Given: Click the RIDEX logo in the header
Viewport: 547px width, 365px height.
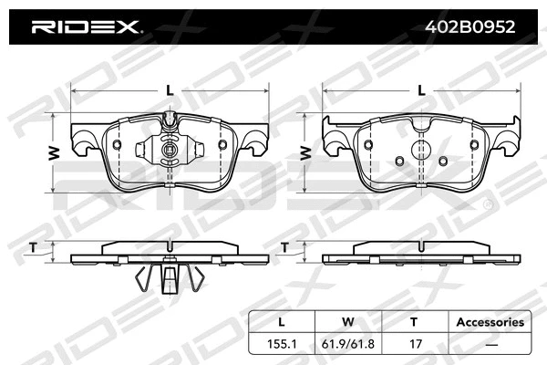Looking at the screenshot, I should tap(86, 26).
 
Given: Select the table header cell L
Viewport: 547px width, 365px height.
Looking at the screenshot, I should tap(282, 322).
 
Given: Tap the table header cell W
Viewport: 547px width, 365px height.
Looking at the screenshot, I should tap(346, 322).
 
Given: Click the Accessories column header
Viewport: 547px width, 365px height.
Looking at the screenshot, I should tap(490, 322).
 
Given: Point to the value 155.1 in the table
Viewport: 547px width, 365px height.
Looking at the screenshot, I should tap(282, 344).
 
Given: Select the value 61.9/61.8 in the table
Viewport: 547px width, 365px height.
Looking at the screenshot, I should tap(346, 344).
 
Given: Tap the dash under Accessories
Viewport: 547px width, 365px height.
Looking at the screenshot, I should tap(490, 344).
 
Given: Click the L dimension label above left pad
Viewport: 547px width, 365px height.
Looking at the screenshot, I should tap(170, 89).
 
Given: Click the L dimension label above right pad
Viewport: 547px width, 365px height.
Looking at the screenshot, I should tap(420, 89).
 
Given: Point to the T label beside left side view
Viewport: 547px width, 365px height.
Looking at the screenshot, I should tap(34, 247).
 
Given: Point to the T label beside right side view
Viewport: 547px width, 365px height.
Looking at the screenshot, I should tap(284, 247).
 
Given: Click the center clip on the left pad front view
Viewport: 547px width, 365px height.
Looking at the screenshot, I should tap(169, 151).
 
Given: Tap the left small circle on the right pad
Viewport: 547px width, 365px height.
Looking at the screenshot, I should tap(398, 162).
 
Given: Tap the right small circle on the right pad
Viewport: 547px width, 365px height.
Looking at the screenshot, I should tap(442, 162).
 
